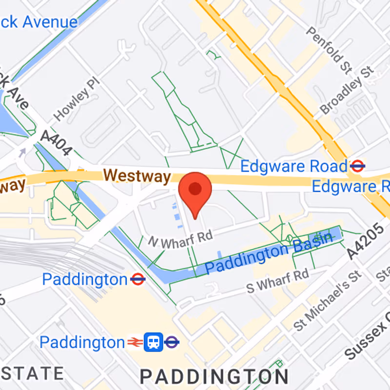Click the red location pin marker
click(x=195, y=191)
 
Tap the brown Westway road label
click(x=137, y=175)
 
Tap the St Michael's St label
click(x=328, y=302)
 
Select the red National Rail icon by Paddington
click(x=135, y=343)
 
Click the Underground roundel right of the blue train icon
click(x=171, y=343)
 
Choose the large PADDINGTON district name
click(x=214, y=376)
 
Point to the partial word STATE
click(x=32, y=373)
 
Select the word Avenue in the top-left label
click(x=51, y=22)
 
